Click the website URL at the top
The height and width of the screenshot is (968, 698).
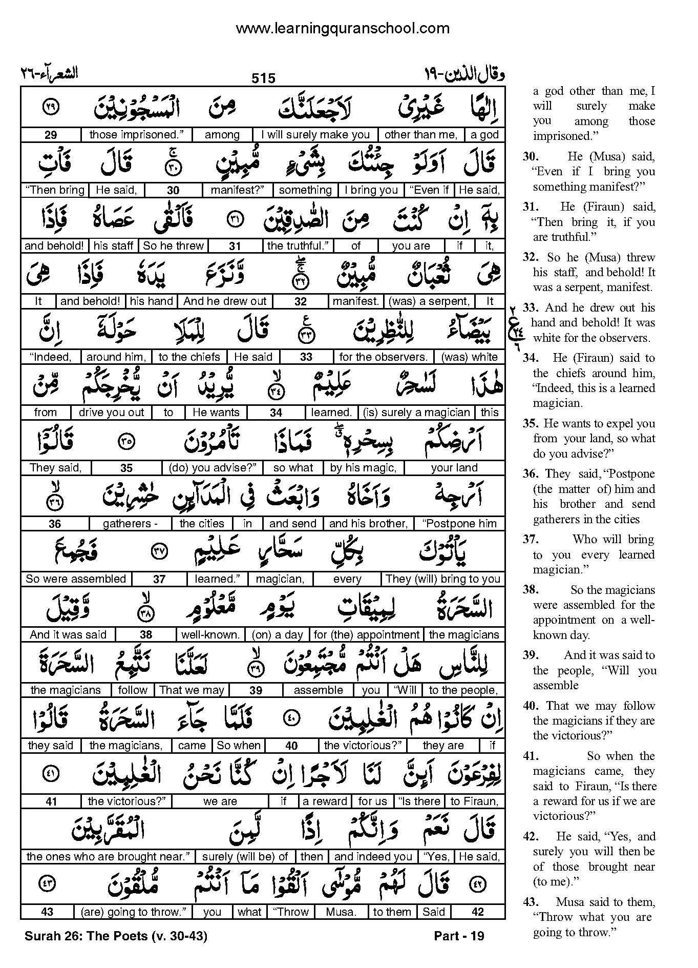coord(343,29)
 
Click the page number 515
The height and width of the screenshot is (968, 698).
coord(264,78)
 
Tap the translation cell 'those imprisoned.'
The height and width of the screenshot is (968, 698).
coord(133,135)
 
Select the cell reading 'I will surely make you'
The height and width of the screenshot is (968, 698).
coord(315,135)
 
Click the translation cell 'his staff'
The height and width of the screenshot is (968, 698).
coord(114,246)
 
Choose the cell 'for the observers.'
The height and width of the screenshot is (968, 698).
coord(383,357)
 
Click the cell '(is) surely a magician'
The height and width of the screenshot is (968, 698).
coord(416,413)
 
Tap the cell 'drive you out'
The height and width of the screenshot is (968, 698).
coord(112,413)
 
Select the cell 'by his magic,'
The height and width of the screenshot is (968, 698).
coord(363,468)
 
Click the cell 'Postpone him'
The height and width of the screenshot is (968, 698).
coord(459,524)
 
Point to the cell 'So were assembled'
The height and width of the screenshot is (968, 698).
coord(76,579)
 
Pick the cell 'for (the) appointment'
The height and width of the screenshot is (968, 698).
coord(366,634)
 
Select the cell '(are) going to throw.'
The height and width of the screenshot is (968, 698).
coord(133,912)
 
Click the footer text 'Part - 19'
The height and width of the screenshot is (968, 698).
coord(459,936)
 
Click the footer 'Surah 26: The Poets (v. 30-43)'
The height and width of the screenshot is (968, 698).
coord(116,936)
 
